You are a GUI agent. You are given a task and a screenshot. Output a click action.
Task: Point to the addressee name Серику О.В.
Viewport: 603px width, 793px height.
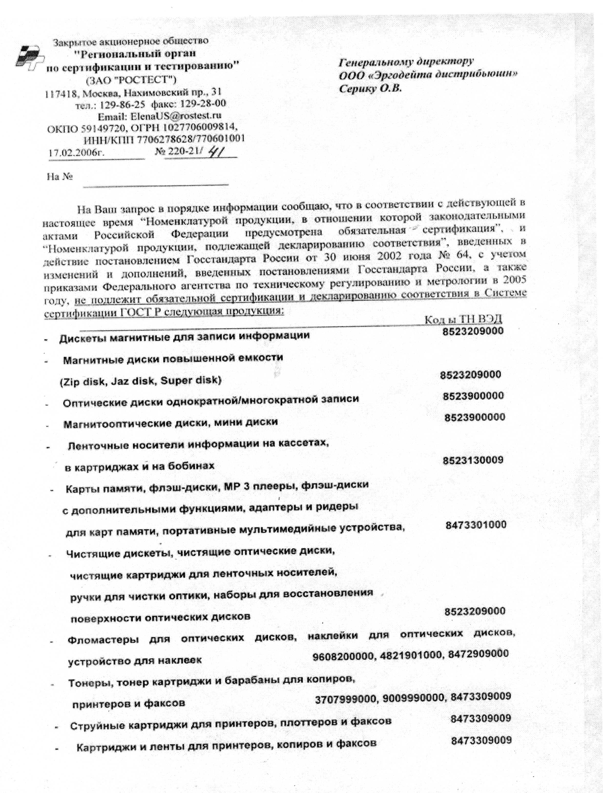coord(370,88)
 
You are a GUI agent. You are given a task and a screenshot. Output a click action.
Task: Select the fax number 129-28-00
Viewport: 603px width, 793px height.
coord(208,104)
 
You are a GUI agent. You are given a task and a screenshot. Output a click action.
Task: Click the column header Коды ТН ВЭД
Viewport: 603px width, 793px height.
coord(463,319)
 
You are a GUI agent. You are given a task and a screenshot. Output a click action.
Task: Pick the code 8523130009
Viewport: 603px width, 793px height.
coord(473,460)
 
